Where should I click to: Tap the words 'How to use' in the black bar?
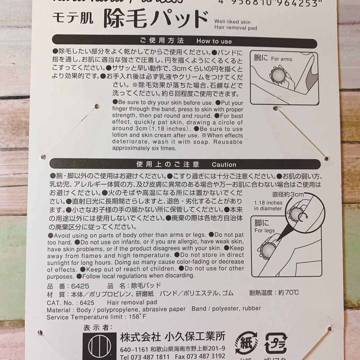click(214, 41)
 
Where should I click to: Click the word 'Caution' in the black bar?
click(224, 165)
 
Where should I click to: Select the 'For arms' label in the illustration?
click(281, 59)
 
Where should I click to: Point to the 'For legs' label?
click(264, 231)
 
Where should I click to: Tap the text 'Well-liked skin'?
click(232, 22)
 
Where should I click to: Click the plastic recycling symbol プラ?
click(276, 341)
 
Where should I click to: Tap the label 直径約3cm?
click(287, 194)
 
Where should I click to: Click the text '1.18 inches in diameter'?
click(268, 206)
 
